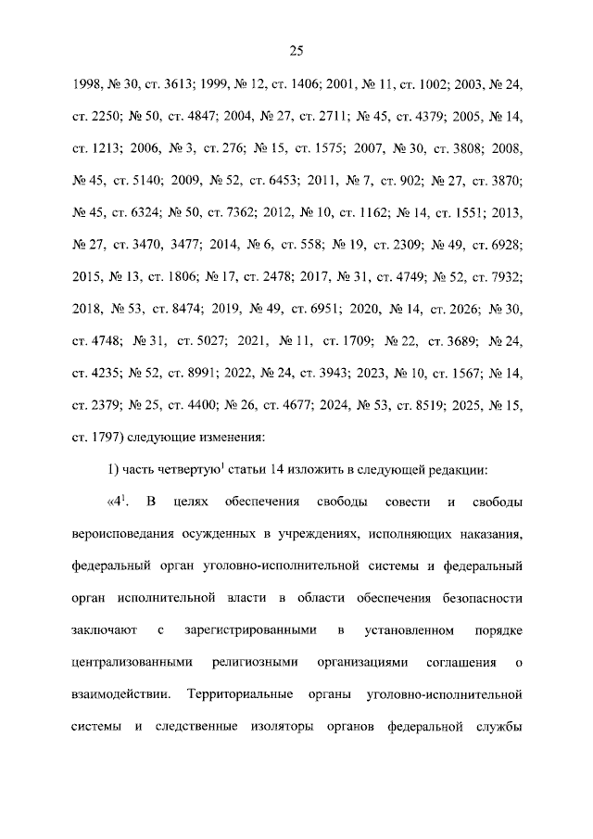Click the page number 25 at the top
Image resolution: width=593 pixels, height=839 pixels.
pos(296,50)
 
